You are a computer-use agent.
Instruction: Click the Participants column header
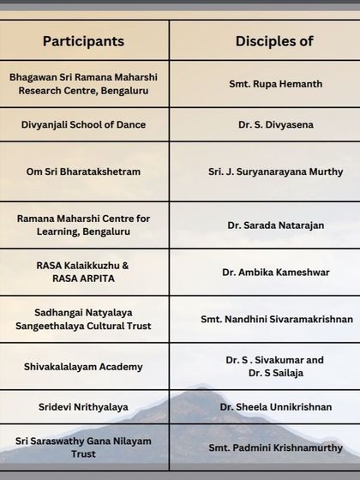click(x=83, y=41)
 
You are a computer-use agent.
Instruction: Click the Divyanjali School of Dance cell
click(x=83, y=124)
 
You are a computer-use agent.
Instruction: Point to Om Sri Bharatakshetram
click(x=83, y=171)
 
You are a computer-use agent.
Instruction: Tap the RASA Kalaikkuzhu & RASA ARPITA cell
click(x=83, y=272)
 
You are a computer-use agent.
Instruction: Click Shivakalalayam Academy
click(x=83, y=367)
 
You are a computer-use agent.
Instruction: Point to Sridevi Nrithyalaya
click(x=83, y=406)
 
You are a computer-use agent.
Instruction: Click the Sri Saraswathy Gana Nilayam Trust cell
click(x=83, y=447)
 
